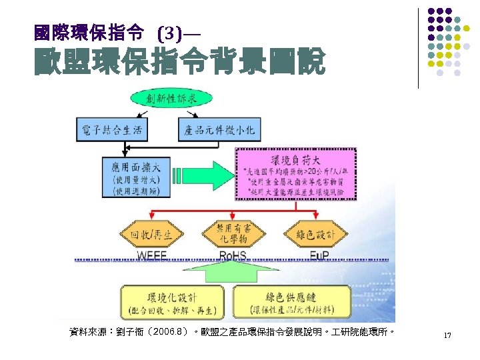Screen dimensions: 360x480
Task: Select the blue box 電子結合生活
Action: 111,130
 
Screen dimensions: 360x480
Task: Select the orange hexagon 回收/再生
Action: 151,234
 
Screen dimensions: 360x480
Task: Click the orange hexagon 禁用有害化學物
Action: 233,233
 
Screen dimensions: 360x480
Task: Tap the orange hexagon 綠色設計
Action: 316,234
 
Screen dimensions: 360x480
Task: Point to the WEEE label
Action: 153,256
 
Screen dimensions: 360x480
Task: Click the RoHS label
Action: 233,256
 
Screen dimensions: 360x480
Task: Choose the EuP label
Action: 319,256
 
